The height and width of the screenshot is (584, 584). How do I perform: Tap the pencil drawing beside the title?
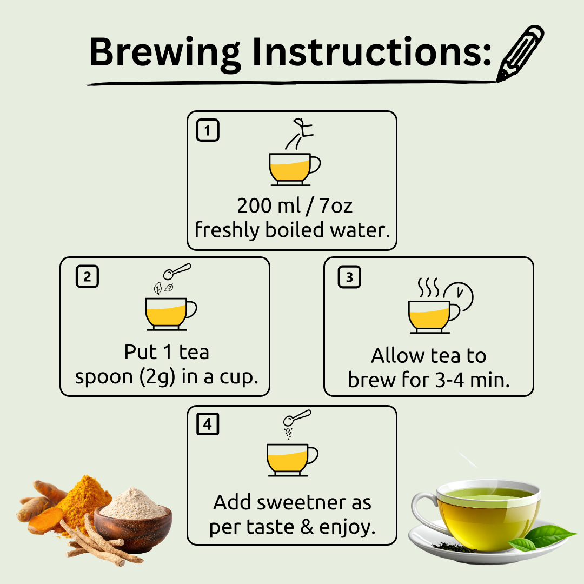tap(520, 53)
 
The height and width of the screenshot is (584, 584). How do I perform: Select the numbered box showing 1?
tap(208, 130)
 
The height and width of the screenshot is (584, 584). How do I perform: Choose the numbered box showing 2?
tap(87, 276)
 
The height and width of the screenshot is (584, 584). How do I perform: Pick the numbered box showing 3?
tap(349, 277)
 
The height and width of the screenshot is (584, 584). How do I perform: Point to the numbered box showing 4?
tap(208, 424)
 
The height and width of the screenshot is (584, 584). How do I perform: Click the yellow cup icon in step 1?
tap(294, 169)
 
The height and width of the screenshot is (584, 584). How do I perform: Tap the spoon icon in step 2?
tap(177, 271)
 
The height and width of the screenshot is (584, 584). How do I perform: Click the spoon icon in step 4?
tap(297, 417)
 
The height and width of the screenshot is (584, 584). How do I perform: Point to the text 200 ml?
tap(269, 205)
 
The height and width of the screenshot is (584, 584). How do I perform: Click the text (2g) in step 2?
tap(157, 377)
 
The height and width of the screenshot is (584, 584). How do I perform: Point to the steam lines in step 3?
tap(428, 287)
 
